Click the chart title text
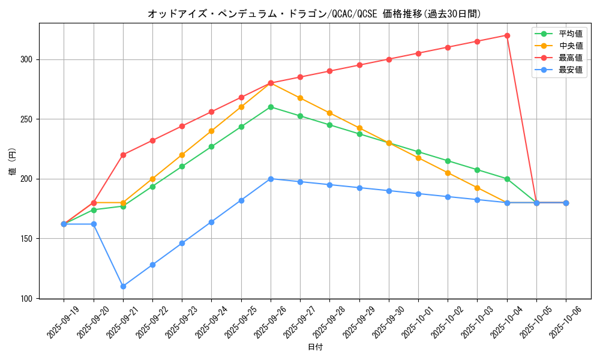314,14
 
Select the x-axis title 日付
315,347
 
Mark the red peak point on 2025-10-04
507,35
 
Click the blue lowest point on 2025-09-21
123,286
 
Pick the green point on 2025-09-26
271,107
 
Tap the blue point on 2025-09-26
271,179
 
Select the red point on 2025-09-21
123,155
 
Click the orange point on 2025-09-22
152,179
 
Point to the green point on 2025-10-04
507,179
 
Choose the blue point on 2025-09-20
94,224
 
